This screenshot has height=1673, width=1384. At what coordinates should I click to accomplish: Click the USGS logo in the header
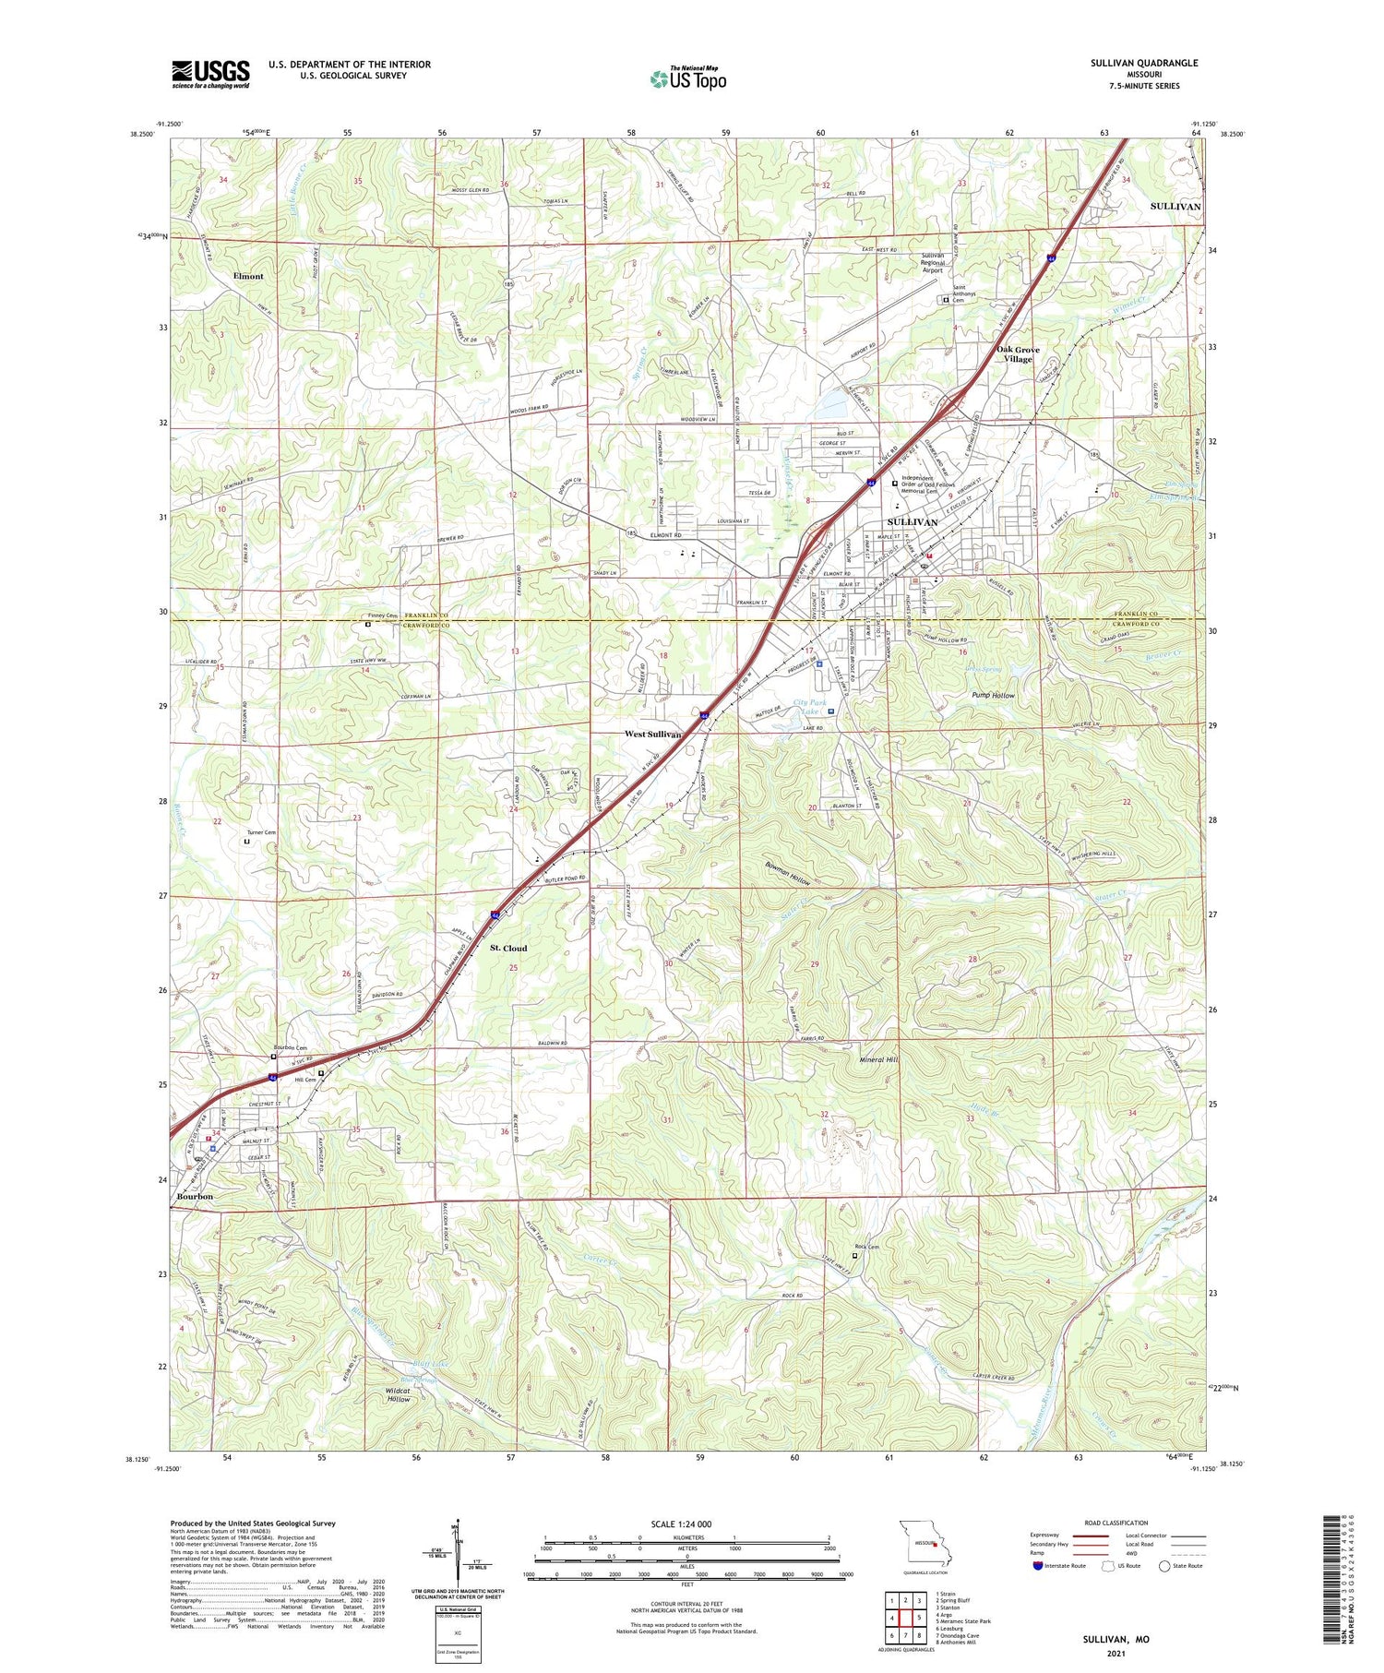coord(210,74)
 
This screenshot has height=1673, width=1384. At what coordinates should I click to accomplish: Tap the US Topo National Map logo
coord(687,78)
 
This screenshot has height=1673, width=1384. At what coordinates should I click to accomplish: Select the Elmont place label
coord(248,276)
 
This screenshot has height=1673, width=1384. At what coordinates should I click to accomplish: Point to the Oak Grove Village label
coord(1018,354)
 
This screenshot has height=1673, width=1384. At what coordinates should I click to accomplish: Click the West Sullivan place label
coord(652,735)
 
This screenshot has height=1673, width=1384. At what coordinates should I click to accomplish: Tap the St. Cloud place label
coord(508,949)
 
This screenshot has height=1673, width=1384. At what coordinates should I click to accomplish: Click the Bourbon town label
coord(192,1197)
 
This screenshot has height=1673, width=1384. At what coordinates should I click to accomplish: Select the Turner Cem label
coord(261,832)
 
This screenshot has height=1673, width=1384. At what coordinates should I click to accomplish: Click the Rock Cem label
coord(866,1247)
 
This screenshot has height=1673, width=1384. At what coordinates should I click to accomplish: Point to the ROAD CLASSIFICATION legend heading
coord(1116,1524)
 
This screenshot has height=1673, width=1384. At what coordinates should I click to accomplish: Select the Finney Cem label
coord(383,615)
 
